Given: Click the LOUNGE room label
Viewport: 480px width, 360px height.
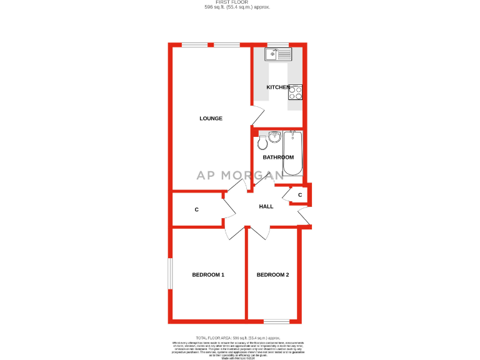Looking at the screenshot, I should [x=211, y=118].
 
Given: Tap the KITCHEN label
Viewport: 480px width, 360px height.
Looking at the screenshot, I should [x=277, y=87].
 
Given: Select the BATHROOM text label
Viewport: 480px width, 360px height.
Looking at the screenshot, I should [x=277, y=157].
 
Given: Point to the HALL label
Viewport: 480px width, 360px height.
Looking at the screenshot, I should [x=266, y=206].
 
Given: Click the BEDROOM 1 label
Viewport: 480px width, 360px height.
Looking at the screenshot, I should [x=208, y=275].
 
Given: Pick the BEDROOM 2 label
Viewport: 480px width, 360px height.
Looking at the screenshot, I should [x=272, y=275].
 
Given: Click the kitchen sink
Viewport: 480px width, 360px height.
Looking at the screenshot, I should [x=278, y=54].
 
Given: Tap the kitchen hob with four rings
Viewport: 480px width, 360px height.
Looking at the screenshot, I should [x=296, y=92].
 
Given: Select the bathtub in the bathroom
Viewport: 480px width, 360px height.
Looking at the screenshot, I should [x=292, y=154].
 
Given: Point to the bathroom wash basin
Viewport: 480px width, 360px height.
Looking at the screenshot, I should [x=275, y=136].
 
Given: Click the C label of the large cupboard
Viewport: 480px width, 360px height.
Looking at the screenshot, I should [x=196, y=209].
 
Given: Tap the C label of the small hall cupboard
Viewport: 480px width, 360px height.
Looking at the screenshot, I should [x=300, y=196].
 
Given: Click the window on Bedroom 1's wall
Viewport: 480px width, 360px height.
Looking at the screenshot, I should [x=169, y=273].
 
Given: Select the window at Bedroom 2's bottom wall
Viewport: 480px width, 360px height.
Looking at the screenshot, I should [x=276, y=321].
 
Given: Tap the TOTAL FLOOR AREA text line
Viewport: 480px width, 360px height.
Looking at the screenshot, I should [x=239, y=337].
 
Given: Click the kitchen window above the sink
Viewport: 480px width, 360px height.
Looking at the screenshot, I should [x=278, y=44].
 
